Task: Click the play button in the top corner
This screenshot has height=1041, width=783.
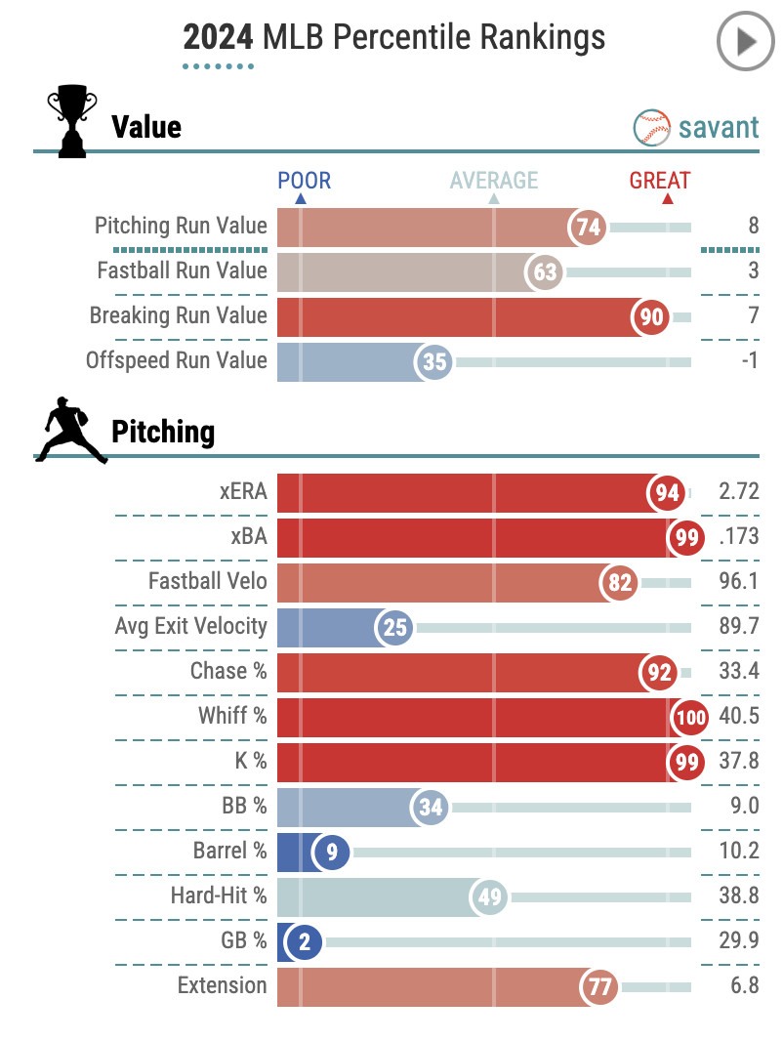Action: pyautogui.click(x=745, y=41)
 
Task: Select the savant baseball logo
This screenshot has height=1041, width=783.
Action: pyautogui.click(x=651, y=127)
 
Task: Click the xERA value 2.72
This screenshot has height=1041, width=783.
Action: pyautogui.click(x=738, y=492)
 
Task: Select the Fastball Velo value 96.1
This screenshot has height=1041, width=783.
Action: pyautogui.click(x=738, y=582)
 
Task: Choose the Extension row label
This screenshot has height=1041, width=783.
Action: pyautogui.click(x=222, y=985)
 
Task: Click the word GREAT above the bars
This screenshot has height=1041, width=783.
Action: pyautogui.click(x=659, y=181)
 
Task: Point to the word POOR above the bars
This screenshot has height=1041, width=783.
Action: pyautogui.click(x=304, y=181)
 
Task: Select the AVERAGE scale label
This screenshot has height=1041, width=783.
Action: pyautogui.click(x=493, y=181)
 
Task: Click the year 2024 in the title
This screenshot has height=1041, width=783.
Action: pyautogui.click(x=215, y=38)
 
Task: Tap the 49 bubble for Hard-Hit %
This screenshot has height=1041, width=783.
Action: pyautogui.click(x=488, y=897)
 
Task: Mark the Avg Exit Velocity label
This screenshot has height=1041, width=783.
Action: pyautogui.click(x=190, y=626)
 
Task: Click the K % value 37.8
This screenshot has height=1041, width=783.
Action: pyautogui.click(x=738, y=762)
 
